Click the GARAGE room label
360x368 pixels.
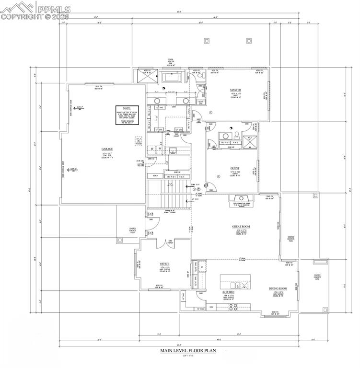click(107, 149)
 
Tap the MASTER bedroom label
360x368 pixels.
click(235, 90)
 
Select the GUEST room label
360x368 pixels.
click(235, 168)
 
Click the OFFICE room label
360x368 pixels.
click(164, 264)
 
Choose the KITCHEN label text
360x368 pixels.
click(228, 292)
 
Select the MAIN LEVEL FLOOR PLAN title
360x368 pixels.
click(188, 351)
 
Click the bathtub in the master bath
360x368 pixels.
click(171, 77)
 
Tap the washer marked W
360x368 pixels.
click(160, 149)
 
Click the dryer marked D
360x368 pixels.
click(152, 149)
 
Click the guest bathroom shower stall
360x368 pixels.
click(247, 143)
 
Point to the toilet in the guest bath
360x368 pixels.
click(231, 129)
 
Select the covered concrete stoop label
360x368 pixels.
click(132, 230)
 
